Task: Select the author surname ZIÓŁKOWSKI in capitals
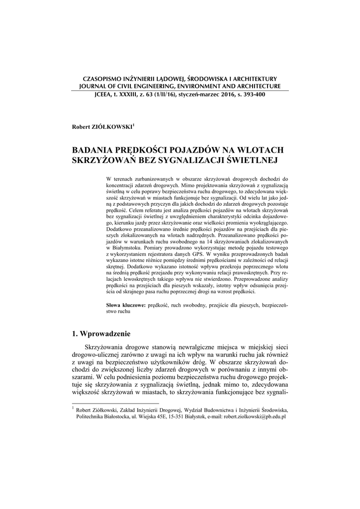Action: pyautogui.click(x=112, y=127)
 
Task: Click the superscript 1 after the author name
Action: pyautogui.click(x=133, y=125)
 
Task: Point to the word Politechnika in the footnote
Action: pyautogui.click(x=92, y=417)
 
